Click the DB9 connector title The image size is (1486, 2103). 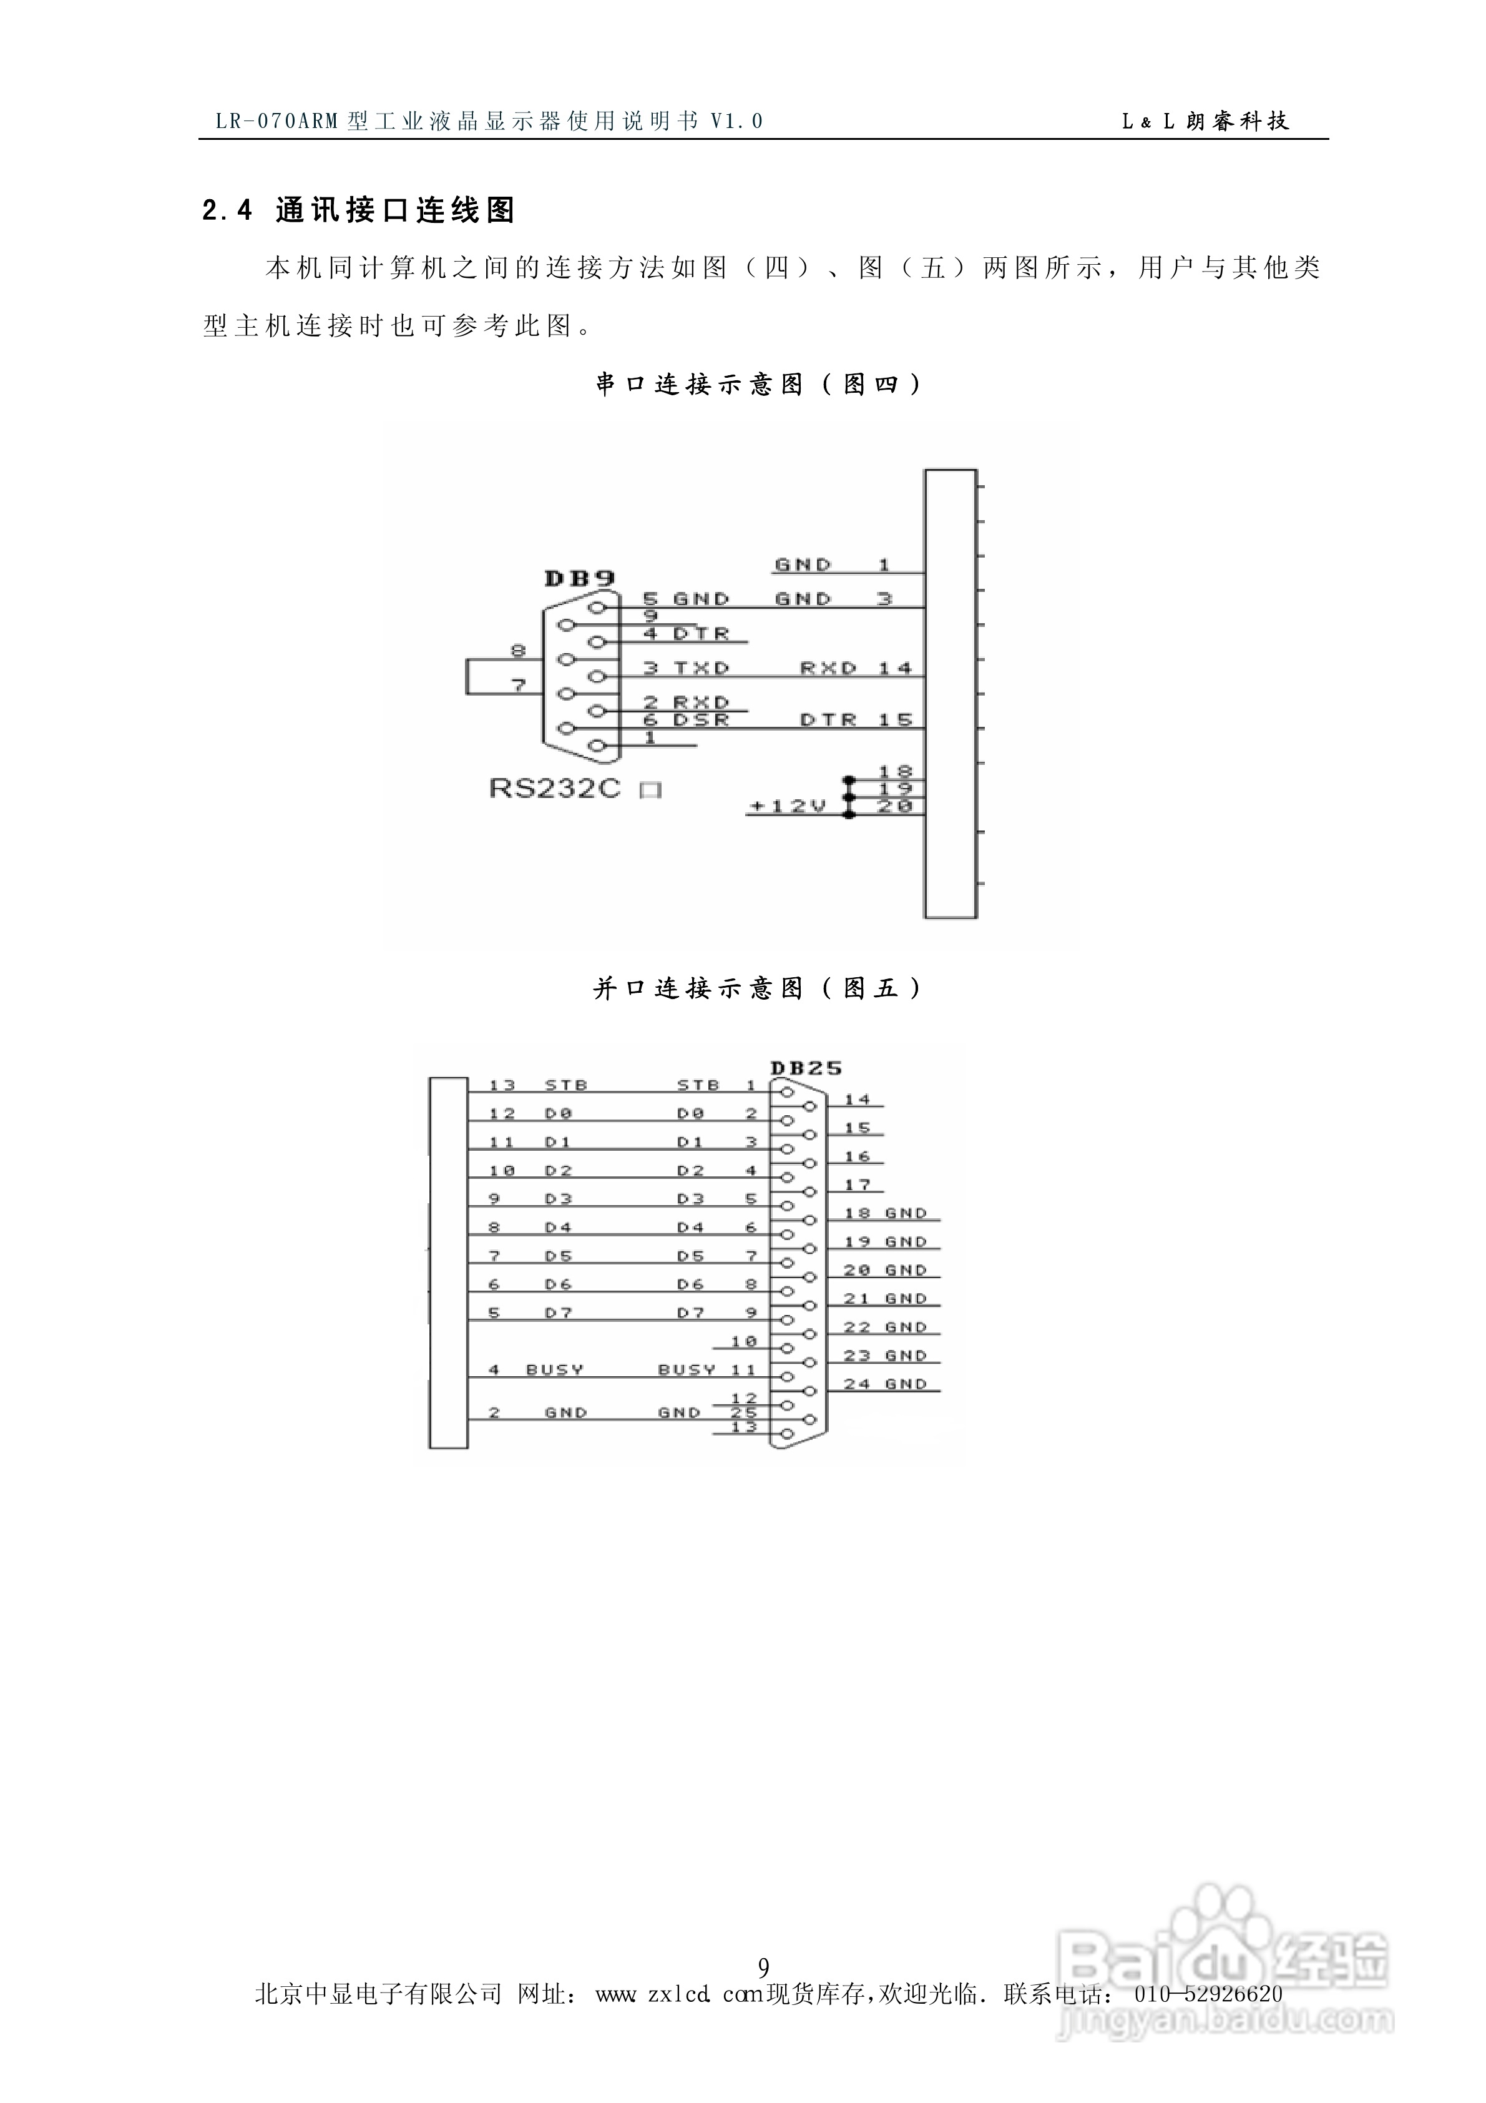point(579,578)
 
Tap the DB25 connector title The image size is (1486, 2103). point(806,1067)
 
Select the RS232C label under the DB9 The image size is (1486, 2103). point(555,788)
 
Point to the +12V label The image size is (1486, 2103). point(788,806)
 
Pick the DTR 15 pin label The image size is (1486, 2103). point(856,720)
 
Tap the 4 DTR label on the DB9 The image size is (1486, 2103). point(686,634)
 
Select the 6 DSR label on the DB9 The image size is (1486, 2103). point(686,720)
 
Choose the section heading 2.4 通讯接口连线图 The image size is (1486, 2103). point(359,210)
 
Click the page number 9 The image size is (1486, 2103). point(764,1966)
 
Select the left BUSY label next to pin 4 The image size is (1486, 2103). point(554,1369)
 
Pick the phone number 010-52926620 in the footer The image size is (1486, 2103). point(1208,1994)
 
